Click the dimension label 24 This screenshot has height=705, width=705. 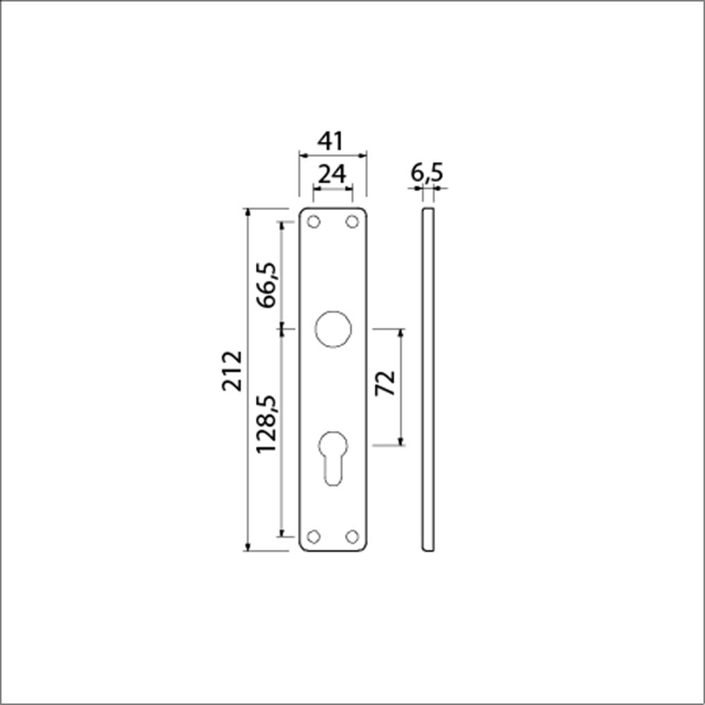click(331, 174)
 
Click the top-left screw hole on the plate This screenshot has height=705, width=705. click(314, 222)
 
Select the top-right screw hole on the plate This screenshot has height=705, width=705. click(351, 222)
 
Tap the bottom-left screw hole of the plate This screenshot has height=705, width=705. click(314, 537)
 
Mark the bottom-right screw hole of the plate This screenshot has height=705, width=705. click(351, 537)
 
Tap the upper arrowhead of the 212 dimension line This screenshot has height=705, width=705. click(247, 212)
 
